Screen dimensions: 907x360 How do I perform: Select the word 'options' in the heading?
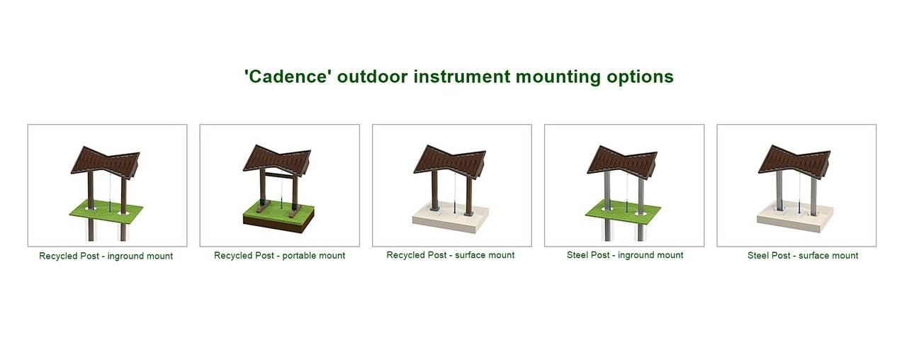click(640, 77)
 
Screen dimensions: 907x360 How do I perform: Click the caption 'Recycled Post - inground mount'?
click(106, 256)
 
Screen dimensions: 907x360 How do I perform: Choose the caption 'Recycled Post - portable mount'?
click(279, 256)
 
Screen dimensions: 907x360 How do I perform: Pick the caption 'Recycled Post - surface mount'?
click(450, 255)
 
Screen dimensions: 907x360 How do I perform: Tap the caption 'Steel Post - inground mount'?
click(625, 255)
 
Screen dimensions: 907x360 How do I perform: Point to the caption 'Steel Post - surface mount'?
click(803, 256)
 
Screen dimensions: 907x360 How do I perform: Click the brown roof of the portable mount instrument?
click(278, 161)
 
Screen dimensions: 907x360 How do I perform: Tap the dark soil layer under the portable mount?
click(279, 225)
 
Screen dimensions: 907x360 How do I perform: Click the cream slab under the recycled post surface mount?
click(450, 218)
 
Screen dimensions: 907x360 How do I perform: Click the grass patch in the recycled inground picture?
click(106, 211)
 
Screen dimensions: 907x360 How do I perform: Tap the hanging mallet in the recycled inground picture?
click(110, 205)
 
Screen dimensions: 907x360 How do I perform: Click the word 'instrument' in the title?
click(461, 77)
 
